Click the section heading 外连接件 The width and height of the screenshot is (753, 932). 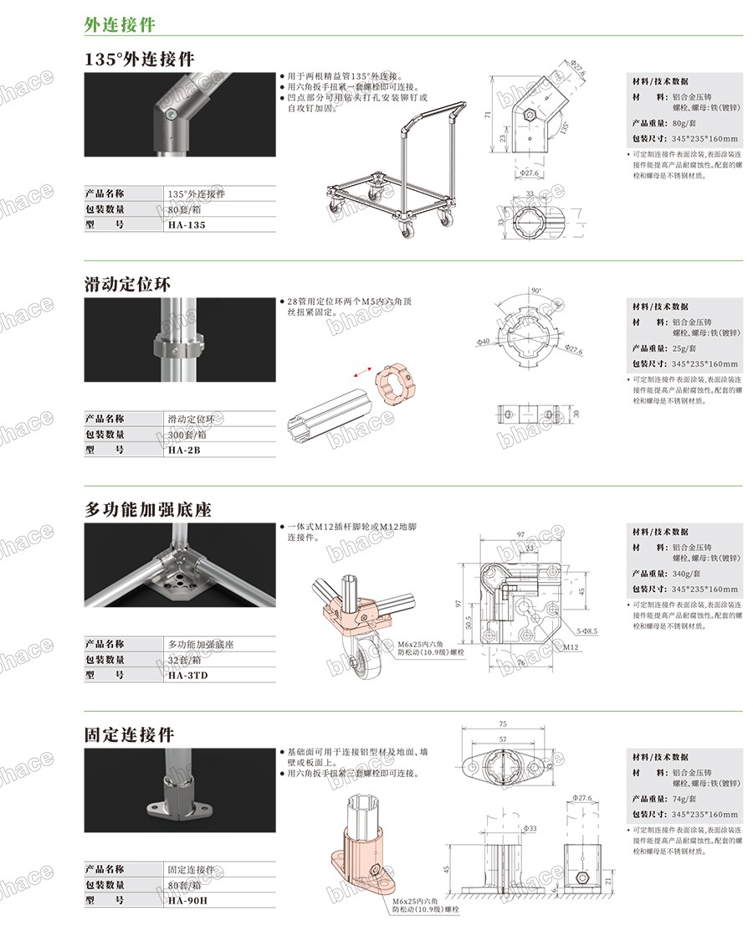coord(120,24)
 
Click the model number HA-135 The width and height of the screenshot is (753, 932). coord(186,225)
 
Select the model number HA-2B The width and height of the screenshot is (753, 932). coord(183,450)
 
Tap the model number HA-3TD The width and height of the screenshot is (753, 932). coord(187,674)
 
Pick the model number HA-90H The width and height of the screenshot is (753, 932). coord(187,900)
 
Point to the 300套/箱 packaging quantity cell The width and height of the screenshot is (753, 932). coord(188,434)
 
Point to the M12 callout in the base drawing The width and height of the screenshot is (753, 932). coord(571,646)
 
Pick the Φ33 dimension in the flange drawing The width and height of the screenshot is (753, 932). coord(530,828)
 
